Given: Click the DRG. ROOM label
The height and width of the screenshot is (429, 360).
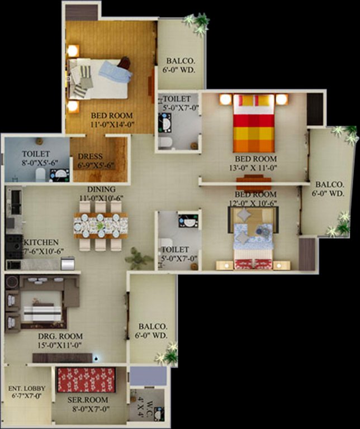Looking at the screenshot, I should tap(60, 336).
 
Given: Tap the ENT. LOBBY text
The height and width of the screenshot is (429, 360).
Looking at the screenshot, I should tap(27, 388).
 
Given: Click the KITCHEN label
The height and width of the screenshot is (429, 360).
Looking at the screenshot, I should tap(40, 242).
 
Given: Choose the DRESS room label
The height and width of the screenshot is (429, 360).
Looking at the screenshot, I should tap(90, 157).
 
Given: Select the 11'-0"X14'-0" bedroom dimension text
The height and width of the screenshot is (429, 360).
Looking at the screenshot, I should tap(112, 126).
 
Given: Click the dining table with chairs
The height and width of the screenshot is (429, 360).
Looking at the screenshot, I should tap(101, 226).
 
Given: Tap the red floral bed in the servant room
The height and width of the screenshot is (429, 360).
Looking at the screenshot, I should tap(86, 379).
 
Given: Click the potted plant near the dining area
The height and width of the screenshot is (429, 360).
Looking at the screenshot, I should tap(137, 259).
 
